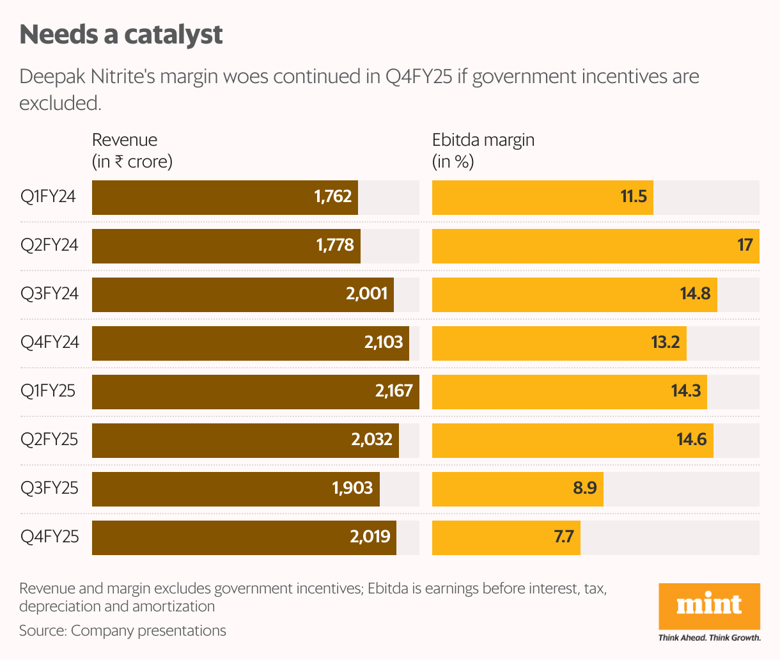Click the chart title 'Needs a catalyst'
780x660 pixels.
point(121,35)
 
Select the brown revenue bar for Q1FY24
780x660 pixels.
point(224,197)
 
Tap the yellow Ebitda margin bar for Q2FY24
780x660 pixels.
point(595,246)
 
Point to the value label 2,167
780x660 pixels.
point(394,391)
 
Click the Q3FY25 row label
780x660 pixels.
point(49,489)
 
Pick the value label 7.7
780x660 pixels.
point(563,537)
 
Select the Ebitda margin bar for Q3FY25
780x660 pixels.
point(517,489)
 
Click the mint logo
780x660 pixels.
point(709,605)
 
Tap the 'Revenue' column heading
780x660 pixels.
point(125,140)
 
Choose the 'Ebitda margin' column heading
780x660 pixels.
point(483,140)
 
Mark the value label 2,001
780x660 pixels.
point(367,294)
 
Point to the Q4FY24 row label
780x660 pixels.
point(50,343)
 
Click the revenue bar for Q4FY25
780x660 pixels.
point(244,537)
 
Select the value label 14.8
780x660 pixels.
point(695,294)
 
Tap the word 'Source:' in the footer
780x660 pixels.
point(43,631)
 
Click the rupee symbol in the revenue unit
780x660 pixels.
point(119,162)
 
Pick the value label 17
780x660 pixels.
point(745,246)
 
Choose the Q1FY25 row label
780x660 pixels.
point(48,391)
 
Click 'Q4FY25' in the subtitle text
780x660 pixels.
point(419,77)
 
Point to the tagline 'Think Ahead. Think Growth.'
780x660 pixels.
point(709,638)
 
